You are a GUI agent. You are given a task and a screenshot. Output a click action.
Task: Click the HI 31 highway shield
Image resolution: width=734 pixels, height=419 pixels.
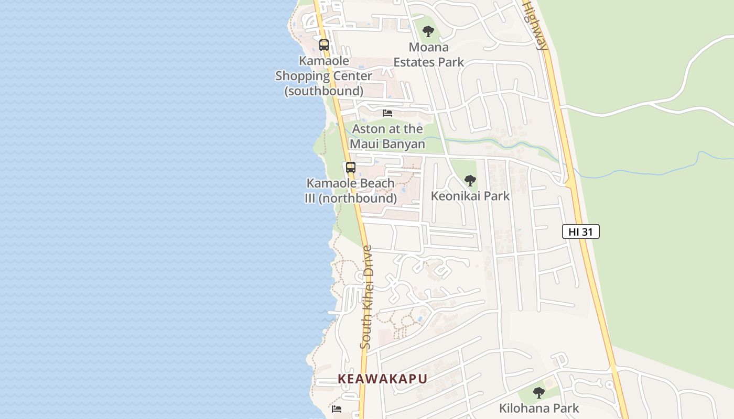(x=580, y=231)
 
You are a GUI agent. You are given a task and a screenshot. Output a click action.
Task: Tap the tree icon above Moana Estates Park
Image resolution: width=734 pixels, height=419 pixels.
(x=428, y=31)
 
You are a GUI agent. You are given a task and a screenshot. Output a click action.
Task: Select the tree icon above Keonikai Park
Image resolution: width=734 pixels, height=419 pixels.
(x=470, y=181)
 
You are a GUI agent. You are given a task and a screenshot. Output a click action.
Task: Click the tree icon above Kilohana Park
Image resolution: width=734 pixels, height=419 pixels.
(x=538, y=392)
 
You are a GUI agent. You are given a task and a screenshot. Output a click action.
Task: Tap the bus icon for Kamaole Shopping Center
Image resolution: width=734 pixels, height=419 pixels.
(x=324, y=45)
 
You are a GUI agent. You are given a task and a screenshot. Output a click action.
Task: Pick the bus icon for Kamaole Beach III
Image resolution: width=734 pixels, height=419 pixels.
(x=351, y=168)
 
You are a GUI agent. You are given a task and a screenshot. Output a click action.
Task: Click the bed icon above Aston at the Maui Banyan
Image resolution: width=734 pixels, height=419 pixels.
(x=387, y=113)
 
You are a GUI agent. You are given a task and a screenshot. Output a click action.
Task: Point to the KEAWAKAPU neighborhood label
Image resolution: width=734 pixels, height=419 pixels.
(x=382, y=379)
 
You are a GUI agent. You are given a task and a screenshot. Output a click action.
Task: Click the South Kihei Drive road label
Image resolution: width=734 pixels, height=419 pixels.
(x=366, y=297)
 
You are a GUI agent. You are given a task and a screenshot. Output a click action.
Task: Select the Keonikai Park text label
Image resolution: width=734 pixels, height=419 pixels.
(x=470, y=196)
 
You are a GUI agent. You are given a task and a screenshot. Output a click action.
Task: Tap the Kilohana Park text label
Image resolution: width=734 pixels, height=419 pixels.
(x=539, y=408)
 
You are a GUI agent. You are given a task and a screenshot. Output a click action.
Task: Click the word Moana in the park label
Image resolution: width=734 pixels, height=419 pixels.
(x=428, y=47)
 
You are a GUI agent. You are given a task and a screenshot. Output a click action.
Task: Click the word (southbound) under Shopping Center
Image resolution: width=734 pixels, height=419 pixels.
(x=324, y=91)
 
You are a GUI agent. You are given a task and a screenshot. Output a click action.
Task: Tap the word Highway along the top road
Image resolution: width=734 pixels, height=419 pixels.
(x=535, y=25)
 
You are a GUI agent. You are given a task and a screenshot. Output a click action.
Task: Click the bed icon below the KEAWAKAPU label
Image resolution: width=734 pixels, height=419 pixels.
(x=337, y=409)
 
